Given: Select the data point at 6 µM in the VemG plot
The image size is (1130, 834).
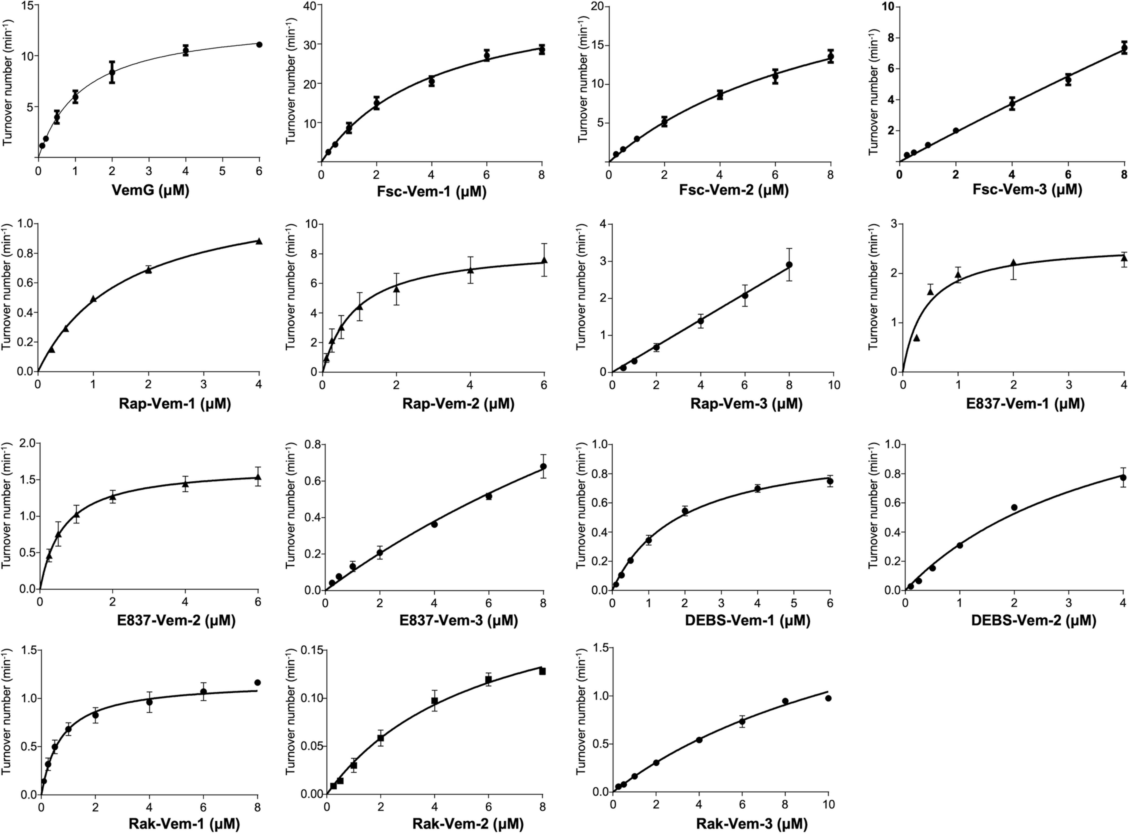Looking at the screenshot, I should [x=259, y=44].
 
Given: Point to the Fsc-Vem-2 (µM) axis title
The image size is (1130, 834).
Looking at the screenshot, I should [x=720, y=192].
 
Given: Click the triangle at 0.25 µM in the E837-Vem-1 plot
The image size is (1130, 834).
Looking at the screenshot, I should [x=916, y=338].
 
